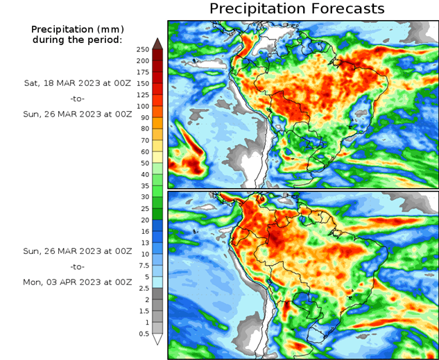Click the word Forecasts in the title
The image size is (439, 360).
346,9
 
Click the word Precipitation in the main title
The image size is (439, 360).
257,9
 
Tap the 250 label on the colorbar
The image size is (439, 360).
143,49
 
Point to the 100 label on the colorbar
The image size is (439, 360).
143,106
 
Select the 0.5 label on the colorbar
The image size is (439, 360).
143,334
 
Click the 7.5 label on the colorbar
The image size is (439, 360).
143,265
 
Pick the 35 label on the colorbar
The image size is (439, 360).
143,186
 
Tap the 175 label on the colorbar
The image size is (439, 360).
143,72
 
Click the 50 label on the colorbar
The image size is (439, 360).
143,163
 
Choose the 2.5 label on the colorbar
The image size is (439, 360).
143,288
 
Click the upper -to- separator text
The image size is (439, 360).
77,98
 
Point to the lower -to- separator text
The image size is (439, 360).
77,266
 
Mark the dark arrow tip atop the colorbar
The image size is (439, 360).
157,43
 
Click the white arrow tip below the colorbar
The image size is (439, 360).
157,339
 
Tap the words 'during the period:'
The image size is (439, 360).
77,40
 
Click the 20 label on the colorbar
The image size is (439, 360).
143,220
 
